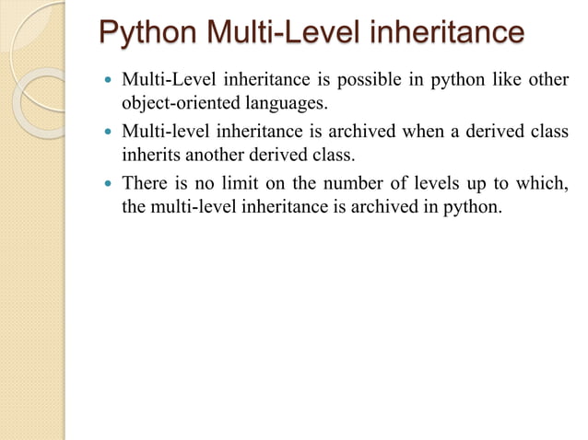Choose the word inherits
(150, 155)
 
